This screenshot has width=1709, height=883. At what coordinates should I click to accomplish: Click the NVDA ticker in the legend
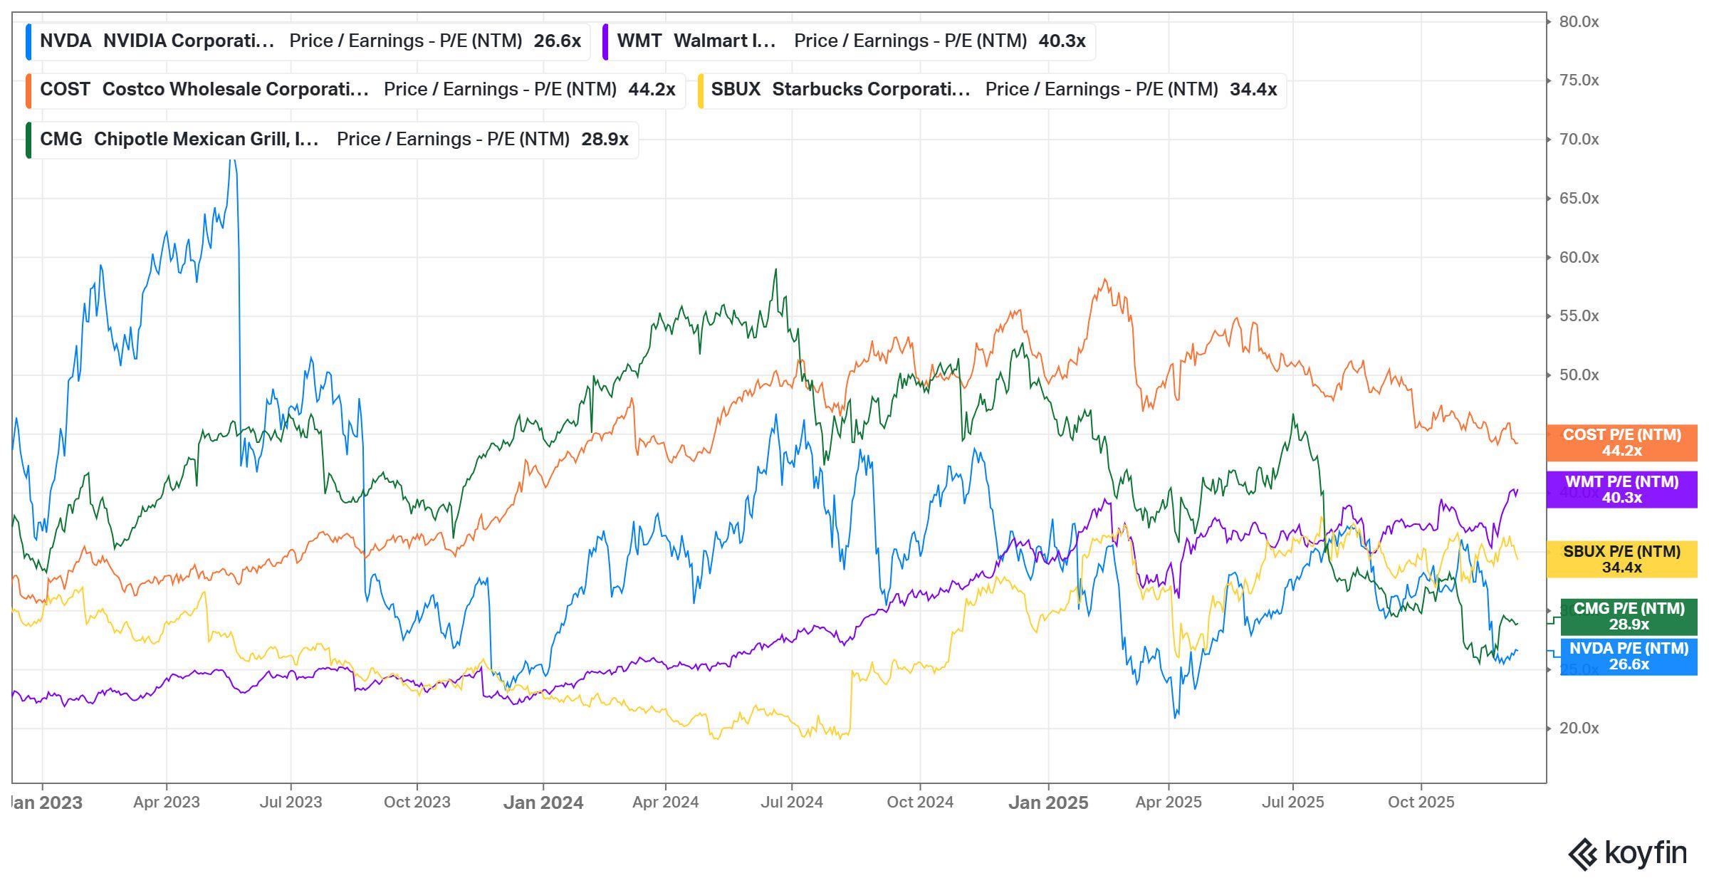click(66, 41)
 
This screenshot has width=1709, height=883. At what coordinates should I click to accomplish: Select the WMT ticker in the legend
click(639, 41)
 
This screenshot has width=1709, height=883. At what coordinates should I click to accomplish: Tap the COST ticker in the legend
click(65, 90)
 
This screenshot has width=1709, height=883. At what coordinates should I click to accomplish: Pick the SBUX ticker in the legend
click(736, 90)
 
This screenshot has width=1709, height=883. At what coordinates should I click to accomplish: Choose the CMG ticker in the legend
click(61, 139)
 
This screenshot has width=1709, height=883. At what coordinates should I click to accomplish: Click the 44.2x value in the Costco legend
click(652, 90)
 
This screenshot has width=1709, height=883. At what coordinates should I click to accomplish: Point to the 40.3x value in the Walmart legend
click(1062, 41)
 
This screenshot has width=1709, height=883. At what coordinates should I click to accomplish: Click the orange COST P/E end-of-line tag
click(1621, 443)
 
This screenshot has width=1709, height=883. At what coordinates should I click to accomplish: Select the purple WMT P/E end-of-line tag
click(1621, 490)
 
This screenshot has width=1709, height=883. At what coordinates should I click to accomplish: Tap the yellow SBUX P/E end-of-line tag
click(1621, 559)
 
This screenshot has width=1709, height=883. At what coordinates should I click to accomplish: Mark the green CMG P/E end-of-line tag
click(1629, 617)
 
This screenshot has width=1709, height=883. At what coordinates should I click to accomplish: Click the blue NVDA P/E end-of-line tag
click(1629, 657)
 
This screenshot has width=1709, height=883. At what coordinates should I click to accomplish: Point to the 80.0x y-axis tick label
click(1579, 22)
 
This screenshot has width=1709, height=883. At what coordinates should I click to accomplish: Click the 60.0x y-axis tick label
click(1579, 258)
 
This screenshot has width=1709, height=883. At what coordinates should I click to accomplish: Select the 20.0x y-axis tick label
click(1579, 728)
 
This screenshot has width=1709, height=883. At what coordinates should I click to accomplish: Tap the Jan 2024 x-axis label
click(543, 803)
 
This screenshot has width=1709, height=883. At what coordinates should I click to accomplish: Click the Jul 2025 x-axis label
click(1292, 803)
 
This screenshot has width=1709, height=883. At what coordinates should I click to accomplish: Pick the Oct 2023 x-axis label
click(417, 803)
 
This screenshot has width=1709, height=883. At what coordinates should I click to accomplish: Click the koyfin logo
click(1627, 854)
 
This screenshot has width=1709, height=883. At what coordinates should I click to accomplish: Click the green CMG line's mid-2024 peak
click(775, 270)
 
